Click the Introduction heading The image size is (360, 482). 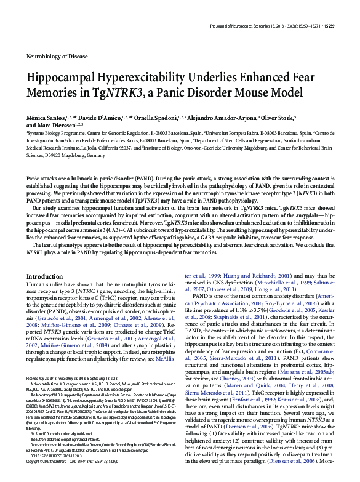(x=49, y=277)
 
